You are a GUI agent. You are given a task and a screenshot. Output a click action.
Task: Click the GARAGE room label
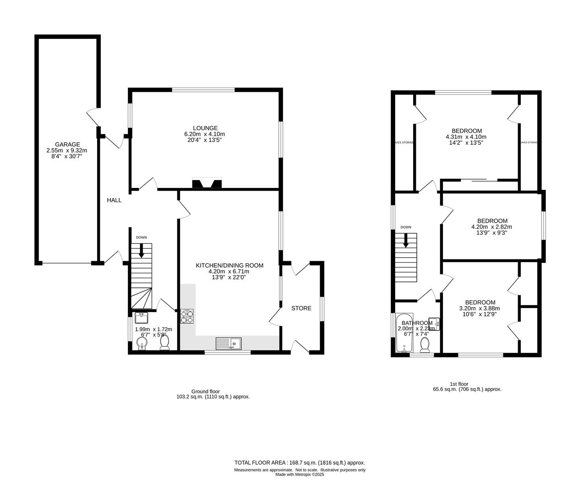[67, 144]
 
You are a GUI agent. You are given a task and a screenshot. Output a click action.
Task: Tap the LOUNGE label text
[205, 128]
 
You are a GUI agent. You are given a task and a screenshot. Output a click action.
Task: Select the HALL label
[114, 200]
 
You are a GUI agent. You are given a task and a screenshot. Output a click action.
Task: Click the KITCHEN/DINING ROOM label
[230, 265]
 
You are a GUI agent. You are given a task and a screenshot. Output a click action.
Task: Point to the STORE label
[301, 308]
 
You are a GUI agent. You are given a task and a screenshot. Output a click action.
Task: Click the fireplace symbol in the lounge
[207, 183]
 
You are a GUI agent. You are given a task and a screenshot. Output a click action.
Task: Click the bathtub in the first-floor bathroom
[404, 333]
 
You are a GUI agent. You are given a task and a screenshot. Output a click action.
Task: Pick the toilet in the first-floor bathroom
[425, 346]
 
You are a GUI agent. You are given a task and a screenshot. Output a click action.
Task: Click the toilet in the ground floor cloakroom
[164, 342]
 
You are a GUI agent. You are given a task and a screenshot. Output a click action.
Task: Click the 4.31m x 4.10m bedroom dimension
[466, 137]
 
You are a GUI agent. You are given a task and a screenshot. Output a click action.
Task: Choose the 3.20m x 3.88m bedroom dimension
[480, 308]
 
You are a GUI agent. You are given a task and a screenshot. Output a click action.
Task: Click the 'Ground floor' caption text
[205, 391]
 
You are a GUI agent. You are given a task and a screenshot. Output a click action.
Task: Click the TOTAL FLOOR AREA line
[299, 462]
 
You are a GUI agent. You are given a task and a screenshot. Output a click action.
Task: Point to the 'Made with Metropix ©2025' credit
[299, 475]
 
